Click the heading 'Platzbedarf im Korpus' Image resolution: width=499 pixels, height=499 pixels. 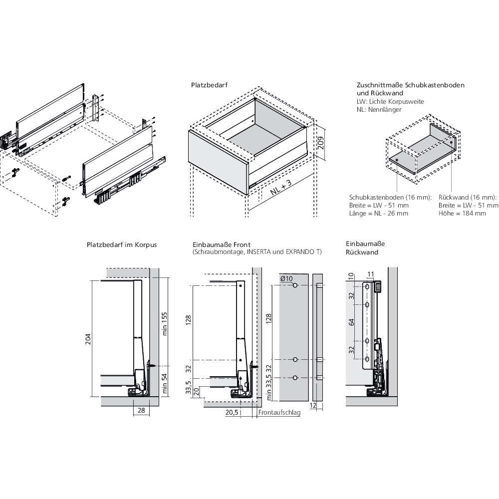point(122,245)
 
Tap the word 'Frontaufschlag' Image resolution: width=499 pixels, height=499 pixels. point(279,413)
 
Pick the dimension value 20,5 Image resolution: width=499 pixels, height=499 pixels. point(232,413)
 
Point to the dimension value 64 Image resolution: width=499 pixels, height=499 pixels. point(352,322)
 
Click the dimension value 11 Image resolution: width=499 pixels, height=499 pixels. point(370,273)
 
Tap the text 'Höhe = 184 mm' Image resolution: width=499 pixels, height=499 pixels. point(462,213)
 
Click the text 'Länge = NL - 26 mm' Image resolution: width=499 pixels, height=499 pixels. point(379,213)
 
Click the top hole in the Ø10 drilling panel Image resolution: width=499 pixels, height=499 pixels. point(295,285)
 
